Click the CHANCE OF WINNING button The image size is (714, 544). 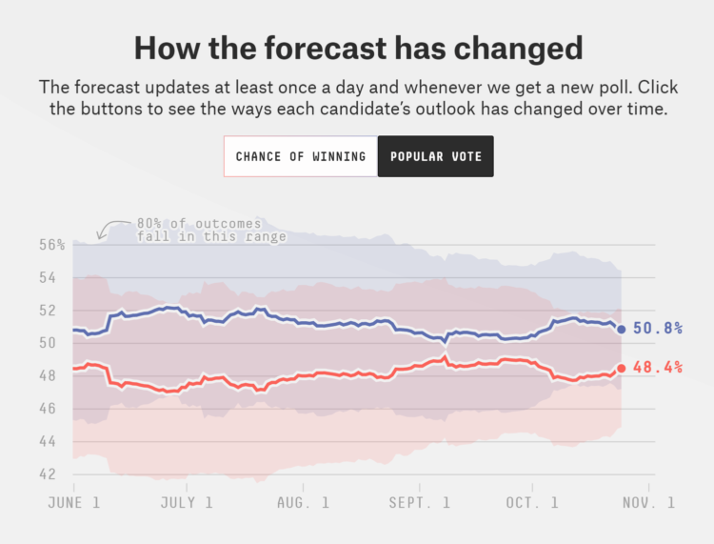point(300,156)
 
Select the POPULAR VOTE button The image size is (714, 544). point(435,156)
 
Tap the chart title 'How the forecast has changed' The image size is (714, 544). point(356,48)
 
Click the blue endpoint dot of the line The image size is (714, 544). point(622,330)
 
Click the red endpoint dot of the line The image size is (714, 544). point(622,368)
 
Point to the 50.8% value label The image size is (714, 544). point(658,329)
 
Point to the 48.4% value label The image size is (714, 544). point(658,368)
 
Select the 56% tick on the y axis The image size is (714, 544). point(53,245)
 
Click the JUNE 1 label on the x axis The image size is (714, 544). point(73,502)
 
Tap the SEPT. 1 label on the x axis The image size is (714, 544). point(419,502)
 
